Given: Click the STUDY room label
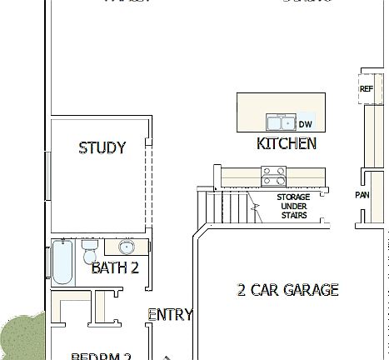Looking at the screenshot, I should (102, 148).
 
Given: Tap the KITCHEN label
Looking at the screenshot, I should (286, 143).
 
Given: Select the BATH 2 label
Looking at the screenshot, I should (114, 267).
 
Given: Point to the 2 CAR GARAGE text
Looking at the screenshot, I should (287, 290).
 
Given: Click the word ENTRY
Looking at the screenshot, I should (170, 314).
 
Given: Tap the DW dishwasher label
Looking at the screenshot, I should (305, 124).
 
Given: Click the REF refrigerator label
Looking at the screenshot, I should (366, 89).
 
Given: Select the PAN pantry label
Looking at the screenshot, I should (362, 195).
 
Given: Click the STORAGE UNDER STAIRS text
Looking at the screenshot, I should (293, 206).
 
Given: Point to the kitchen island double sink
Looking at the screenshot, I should (279, 122).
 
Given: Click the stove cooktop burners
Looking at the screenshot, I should (273, 176).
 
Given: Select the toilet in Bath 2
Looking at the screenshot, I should (90, 252).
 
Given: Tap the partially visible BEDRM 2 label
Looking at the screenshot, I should (101, 357).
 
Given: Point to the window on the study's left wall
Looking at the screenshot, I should (48, 176).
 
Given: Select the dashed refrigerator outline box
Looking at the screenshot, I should (367, 87).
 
